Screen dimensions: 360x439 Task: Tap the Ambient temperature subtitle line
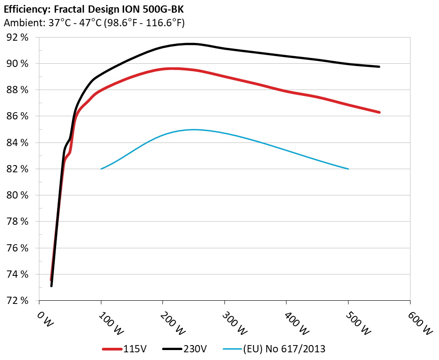[x=94, y=23]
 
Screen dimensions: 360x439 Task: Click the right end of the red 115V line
[x=379, y=112]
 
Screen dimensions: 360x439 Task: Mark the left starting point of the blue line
[x=101, y=169]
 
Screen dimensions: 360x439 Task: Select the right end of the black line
[x=379, y=66]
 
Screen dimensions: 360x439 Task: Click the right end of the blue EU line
[x=348, y=169]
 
